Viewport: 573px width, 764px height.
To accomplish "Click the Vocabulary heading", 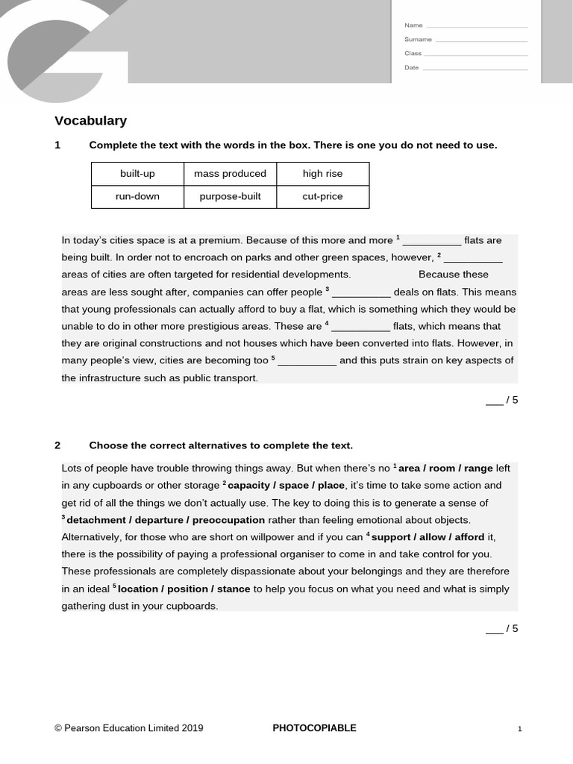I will point(90,121).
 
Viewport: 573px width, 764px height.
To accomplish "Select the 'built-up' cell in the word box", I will point(137,174).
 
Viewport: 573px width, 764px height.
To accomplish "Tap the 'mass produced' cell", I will point(230,174).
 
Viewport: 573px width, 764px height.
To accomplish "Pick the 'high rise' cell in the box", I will point(322,174).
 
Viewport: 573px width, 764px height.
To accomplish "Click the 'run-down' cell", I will point(137,197).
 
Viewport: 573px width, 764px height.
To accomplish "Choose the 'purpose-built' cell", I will point(230,197).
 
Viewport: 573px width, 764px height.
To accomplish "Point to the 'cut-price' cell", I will point(322,197).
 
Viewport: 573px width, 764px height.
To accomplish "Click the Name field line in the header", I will point(477,27).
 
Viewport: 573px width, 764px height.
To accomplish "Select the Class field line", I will point(477,55).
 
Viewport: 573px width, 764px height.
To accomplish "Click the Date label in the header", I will point(411,68).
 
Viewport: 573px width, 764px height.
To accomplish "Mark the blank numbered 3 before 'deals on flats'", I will point(360,293).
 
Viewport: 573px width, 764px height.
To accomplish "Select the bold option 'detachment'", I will point(98,520).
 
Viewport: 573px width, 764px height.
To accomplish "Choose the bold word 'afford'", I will point(469,537).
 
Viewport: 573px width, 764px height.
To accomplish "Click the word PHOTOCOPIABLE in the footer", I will point(314,728).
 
